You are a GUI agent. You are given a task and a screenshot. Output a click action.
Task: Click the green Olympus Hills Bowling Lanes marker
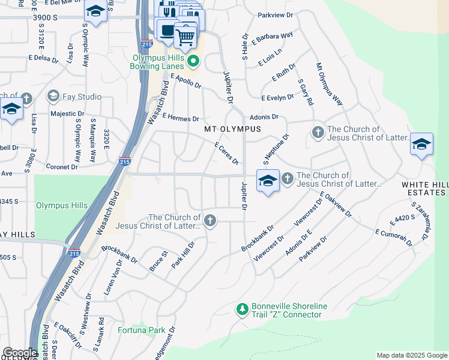tap(193, 61)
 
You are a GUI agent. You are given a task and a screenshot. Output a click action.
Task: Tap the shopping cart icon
tap(185, 37)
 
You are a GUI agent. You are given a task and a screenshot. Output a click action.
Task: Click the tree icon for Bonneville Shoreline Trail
tap(242, 310)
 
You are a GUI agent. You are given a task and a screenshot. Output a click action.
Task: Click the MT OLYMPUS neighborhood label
tap(233, 129)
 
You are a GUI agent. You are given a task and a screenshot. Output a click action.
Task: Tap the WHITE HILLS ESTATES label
tap(424, 188)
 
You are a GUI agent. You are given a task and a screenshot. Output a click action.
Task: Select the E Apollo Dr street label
tap(186, 81)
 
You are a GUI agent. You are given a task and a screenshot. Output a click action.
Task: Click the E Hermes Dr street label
tap(179, 118)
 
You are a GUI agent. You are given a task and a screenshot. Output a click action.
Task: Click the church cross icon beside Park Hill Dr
tap(209, 221)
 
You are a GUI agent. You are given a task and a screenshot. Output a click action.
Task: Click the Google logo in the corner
tap(19, 353)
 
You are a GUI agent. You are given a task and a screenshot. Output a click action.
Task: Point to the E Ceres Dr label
tap(227, 153)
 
